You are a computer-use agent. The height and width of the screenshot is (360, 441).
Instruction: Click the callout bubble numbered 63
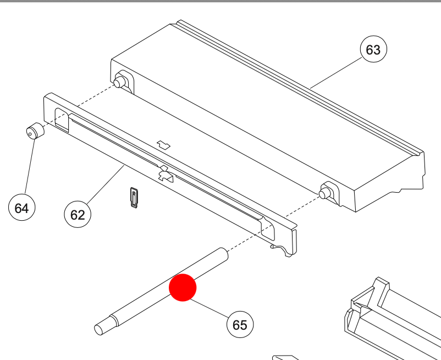373,49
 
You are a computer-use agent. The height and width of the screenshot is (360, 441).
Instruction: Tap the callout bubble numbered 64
22,208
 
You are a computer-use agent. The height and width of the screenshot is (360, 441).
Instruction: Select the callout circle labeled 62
78,214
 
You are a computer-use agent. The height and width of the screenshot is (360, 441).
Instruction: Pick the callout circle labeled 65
240,324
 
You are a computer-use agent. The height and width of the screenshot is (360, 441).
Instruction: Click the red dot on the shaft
183,287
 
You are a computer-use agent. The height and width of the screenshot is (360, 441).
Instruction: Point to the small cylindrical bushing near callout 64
35,131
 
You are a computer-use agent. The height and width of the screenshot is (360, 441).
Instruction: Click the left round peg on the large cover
119,82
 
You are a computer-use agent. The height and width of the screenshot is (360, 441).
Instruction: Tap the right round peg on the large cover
325,193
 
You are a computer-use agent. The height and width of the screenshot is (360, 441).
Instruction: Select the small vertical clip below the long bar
134,197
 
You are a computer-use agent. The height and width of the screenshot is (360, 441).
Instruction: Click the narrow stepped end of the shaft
104,326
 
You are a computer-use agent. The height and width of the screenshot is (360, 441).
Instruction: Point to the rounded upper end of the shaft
224,253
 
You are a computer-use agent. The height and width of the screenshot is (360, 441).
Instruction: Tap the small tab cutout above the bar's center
163,145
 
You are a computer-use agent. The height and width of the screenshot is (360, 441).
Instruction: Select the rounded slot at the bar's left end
62,120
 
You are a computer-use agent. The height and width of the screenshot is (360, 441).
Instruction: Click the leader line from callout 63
337,73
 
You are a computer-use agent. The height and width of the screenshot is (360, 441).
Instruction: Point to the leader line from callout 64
30,166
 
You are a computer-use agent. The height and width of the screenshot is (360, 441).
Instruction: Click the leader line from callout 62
106,184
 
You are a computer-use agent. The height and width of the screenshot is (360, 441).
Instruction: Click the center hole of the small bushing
30,134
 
